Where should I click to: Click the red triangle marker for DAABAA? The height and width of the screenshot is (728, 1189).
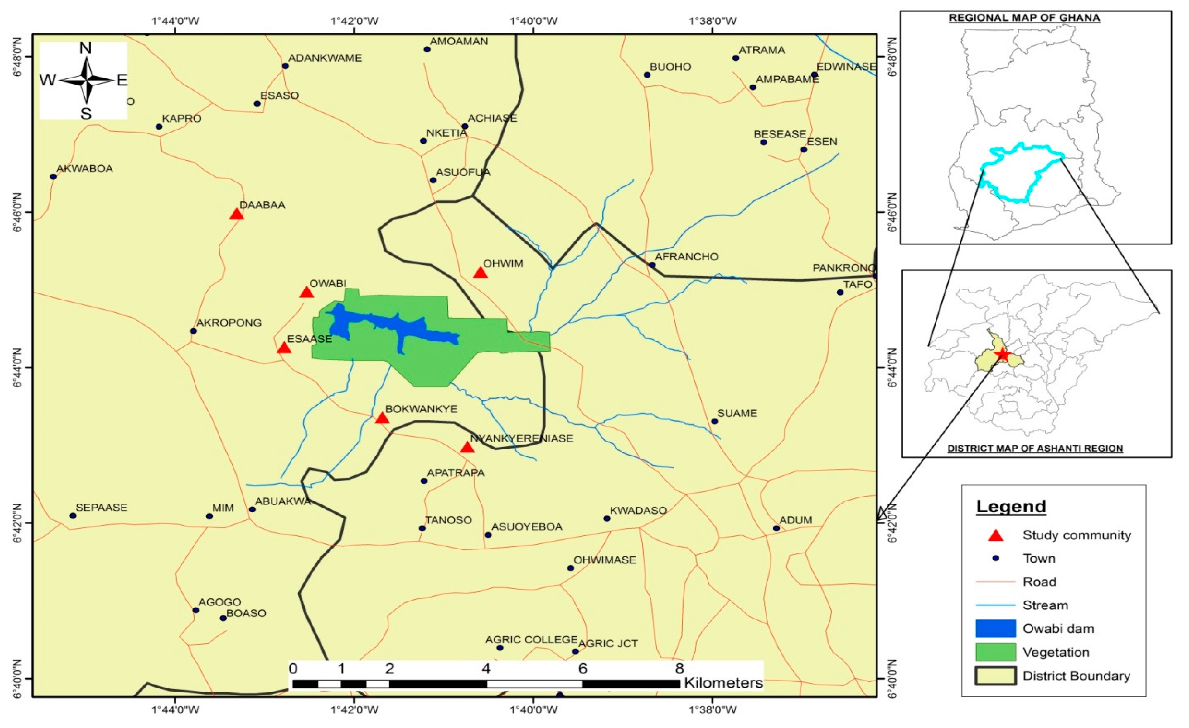236,214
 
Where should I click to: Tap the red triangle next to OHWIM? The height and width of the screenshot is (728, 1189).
480,273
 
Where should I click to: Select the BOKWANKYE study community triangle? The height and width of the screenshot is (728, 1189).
382,418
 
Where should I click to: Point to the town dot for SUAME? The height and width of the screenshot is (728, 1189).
715,421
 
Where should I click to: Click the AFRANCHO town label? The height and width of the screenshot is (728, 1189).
686,257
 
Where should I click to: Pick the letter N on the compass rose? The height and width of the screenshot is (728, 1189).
85,48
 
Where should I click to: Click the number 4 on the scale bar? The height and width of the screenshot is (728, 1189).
486,669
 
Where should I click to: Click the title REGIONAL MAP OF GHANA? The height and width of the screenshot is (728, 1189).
1025,18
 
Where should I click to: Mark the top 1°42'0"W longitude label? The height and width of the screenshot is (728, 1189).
355,21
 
